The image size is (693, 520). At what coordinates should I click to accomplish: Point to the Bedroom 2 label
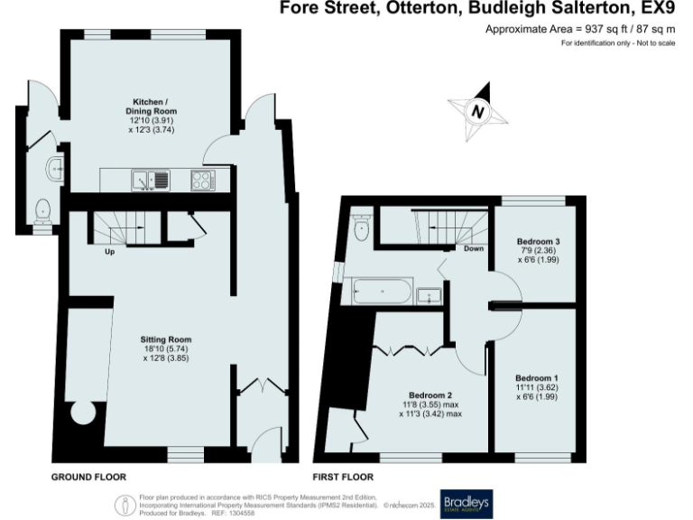click(x=430, y=395)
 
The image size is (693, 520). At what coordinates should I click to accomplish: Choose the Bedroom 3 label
click(x=538, y=242)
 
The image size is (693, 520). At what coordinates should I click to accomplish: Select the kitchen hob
click(x=202, y=181)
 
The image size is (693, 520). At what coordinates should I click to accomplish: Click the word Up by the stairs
click(x=110, y=251)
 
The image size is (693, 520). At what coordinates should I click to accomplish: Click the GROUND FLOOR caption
click(x=88, y=477)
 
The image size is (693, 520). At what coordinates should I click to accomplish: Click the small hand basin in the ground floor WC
click(x=55, y=167)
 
